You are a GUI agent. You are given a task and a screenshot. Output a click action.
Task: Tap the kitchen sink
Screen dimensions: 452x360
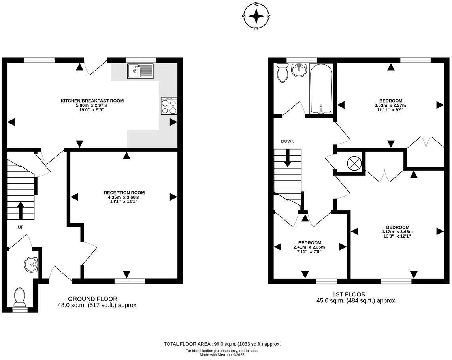pos(141,71)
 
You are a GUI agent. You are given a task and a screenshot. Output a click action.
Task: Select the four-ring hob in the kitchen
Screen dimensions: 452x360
pos(169,106)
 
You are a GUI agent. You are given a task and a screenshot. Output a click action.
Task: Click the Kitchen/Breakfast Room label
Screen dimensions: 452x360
pos(92,101)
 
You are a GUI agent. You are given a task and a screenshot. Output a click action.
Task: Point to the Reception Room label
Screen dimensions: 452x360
pos(124,193)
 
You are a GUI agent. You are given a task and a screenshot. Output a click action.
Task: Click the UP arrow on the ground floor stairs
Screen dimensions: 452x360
pos(21,210)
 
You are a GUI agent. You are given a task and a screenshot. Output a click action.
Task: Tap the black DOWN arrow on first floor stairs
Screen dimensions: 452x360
pos(287,158)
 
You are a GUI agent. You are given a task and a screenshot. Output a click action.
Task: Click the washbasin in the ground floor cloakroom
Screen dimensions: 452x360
pos(31,264)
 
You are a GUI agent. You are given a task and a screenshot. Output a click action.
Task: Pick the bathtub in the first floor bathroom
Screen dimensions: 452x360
pos(321,88)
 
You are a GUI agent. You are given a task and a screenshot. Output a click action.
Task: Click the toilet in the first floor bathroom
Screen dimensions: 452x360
pos(282,72)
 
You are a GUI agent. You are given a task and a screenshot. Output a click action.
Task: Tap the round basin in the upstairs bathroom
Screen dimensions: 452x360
pos(299,70)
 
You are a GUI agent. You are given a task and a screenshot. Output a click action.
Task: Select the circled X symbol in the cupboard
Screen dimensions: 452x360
pos(354,163)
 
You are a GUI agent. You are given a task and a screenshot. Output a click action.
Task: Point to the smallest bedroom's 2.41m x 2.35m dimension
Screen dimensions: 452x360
pos(309,247)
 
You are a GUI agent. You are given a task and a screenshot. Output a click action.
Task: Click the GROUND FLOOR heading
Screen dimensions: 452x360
pos(92,299)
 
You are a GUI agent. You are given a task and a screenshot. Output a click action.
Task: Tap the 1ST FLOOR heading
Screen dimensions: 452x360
pos(349,294)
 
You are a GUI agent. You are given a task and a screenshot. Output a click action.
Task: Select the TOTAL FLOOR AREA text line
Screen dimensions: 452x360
pos(222,344)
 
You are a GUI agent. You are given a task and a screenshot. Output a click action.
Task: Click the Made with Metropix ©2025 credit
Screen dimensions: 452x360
pos(222,355)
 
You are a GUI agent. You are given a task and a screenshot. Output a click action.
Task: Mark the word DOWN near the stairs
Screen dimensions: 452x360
pos(288,141)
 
